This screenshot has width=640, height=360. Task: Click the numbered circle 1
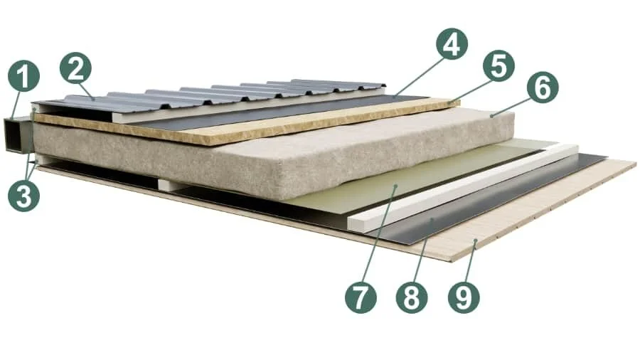(23, 76)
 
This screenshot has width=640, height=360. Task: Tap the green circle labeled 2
(75, 68)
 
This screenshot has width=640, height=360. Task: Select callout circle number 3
(23, 196)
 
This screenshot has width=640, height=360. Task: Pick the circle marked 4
(452, 43)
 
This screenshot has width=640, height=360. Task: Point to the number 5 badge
(498, 66)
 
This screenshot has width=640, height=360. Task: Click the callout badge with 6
(543, 88)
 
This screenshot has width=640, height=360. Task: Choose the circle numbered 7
(361, 297)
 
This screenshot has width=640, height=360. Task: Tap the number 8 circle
(412, 297)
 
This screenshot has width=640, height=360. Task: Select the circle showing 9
(464, 297)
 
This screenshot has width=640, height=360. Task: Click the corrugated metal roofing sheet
(212, 98)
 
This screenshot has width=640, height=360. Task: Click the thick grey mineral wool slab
(277, 151)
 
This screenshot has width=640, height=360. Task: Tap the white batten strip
(463, 186)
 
